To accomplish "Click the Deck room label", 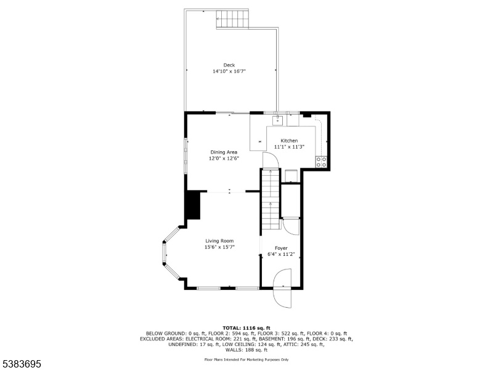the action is point(229,65).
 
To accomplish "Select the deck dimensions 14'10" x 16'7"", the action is point(229,72).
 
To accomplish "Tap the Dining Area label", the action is point(224,152).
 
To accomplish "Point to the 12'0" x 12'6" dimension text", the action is point(224,158).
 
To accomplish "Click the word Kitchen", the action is point(289,141).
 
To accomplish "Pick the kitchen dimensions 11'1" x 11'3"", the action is point(289,147).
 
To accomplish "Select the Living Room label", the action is point(219,241).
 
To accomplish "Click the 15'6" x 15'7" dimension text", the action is point(219,247).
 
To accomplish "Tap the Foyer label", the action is point(281,248).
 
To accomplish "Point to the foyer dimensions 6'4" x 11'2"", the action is point(281,254).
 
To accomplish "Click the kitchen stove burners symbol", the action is point(321,162).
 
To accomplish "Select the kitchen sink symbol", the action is point(278,120).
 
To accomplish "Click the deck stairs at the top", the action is point(233,19).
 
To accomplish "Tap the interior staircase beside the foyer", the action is point(271,199).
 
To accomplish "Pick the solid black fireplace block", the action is point(194,206).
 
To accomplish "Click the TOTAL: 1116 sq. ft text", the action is point(246,328).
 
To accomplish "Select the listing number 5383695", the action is point(21,364).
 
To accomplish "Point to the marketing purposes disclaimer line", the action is point(246,360).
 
